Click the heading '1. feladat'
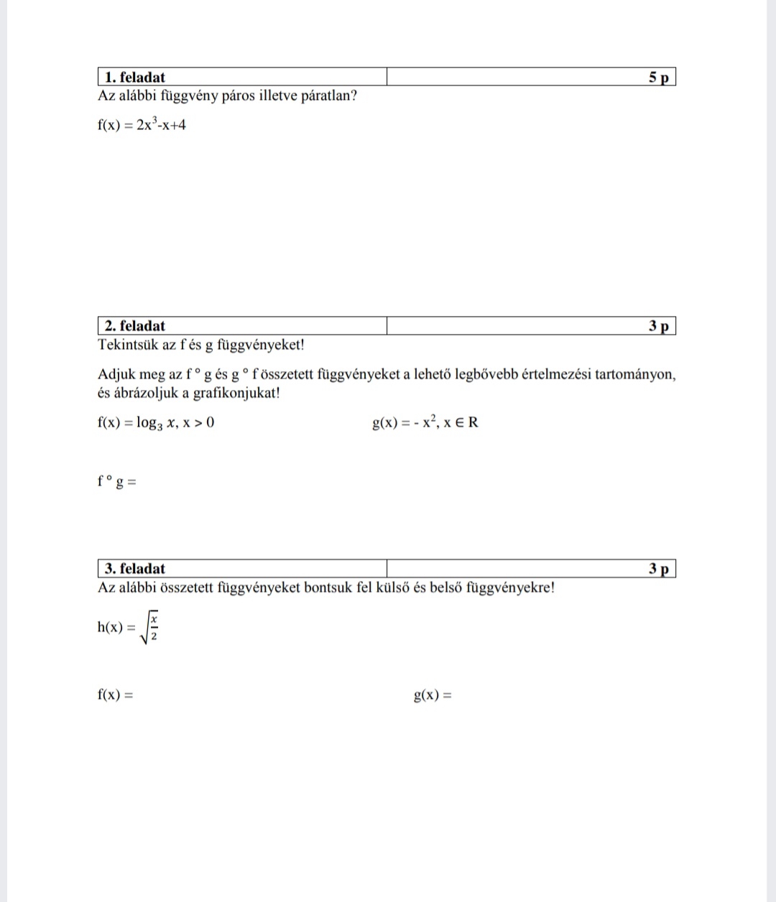(135, 78)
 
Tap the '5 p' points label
(658, 78)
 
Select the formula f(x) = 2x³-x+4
(142, 124)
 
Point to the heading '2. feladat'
(135, 326)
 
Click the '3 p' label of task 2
(658, 326)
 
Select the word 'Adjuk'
(115, 374)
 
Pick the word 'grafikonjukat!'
(237, 393)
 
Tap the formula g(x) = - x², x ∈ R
(425, 422)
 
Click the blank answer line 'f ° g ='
(117, 482)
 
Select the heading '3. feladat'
(135, 569)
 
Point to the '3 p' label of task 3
(658, 569)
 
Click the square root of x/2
(149, 626)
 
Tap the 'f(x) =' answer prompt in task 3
(116, 694)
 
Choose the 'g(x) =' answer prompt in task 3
(433, 695)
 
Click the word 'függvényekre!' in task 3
(511, 587)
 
